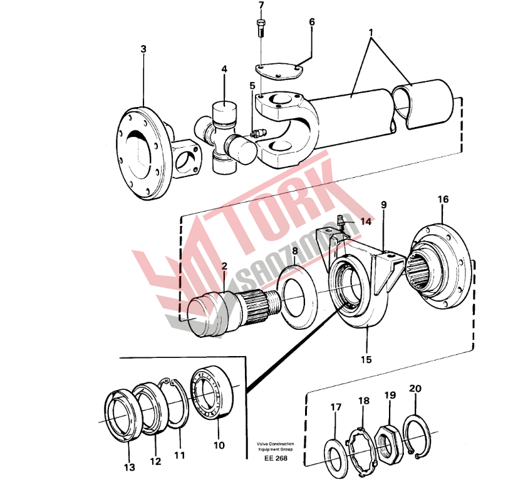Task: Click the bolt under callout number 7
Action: point(261,28)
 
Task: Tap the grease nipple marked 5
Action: point(258,133)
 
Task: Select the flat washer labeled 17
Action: point(336,458)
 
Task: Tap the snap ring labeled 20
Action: point(417,436)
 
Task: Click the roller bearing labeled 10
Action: point(212,392)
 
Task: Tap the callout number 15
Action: point(366,359)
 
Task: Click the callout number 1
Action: point(371,33)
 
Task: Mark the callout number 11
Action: point(180,455)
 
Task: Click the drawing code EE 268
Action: point(276,458)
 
